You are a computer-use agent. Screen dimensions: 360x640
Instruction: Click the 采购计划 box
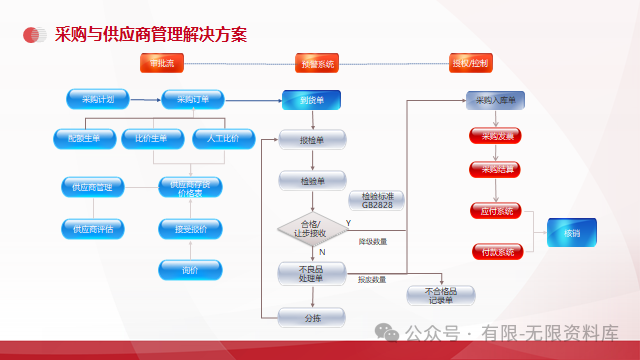coord(97,99)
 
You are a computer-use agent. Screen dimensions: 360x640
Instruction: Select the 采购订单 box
coord(193,99)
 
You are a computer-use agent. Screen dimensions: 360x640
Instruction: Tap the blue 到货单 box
coord(311,100)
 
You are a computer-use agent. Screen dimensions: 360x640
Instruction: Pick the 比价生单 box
coord(152,139)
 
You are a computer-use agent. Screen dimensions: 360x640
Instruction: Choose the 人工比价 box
coord(216,139)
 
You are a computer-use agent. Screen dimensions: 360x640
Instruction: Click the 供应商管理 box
coord(92,187)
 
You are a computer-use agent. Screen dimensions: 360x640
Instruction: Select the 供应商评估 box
coord(92,228)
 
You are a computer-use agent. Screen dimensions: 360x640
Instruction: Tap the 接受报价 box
coord(184,228)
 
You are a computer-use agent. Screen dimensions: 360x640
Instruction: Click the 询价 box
coord(184,269)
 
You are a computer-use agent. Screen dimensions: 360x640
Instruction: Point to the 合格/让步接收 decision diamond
coord(311,228)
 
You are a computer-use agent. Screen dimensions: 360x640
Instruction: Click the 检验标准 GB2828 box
coord(376,201)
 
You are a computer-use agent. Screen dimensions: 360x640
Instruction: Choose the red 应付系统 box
coord(497,211)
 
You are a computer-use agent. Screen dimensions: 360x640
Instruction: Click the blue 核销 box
coord(571,233)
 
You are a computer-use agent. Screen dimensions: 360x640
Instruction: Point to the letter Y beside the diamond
coord(348,222)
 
